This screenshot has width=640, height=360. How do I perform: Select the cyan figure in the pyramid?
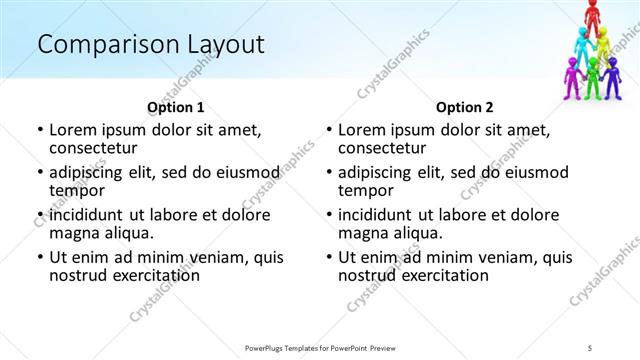coord(581,46)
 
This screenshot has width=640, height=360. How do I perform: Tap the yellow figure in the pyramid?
coord(603,44)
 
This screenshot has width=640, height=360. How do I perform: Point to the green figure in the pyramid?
coord(592,76)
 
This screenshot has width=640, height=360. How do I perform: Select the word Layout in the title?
coord(227,44)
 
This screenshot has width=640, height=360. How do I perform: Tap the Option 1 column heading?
coord(175,106)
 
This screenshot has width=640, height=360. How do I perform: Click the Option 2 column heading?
coord(464,106)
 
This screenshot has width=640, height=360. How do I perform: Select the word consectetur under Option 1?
coord(94,147)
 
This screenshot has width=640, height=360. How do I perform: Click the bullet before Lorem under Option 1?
coord(39,130)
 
